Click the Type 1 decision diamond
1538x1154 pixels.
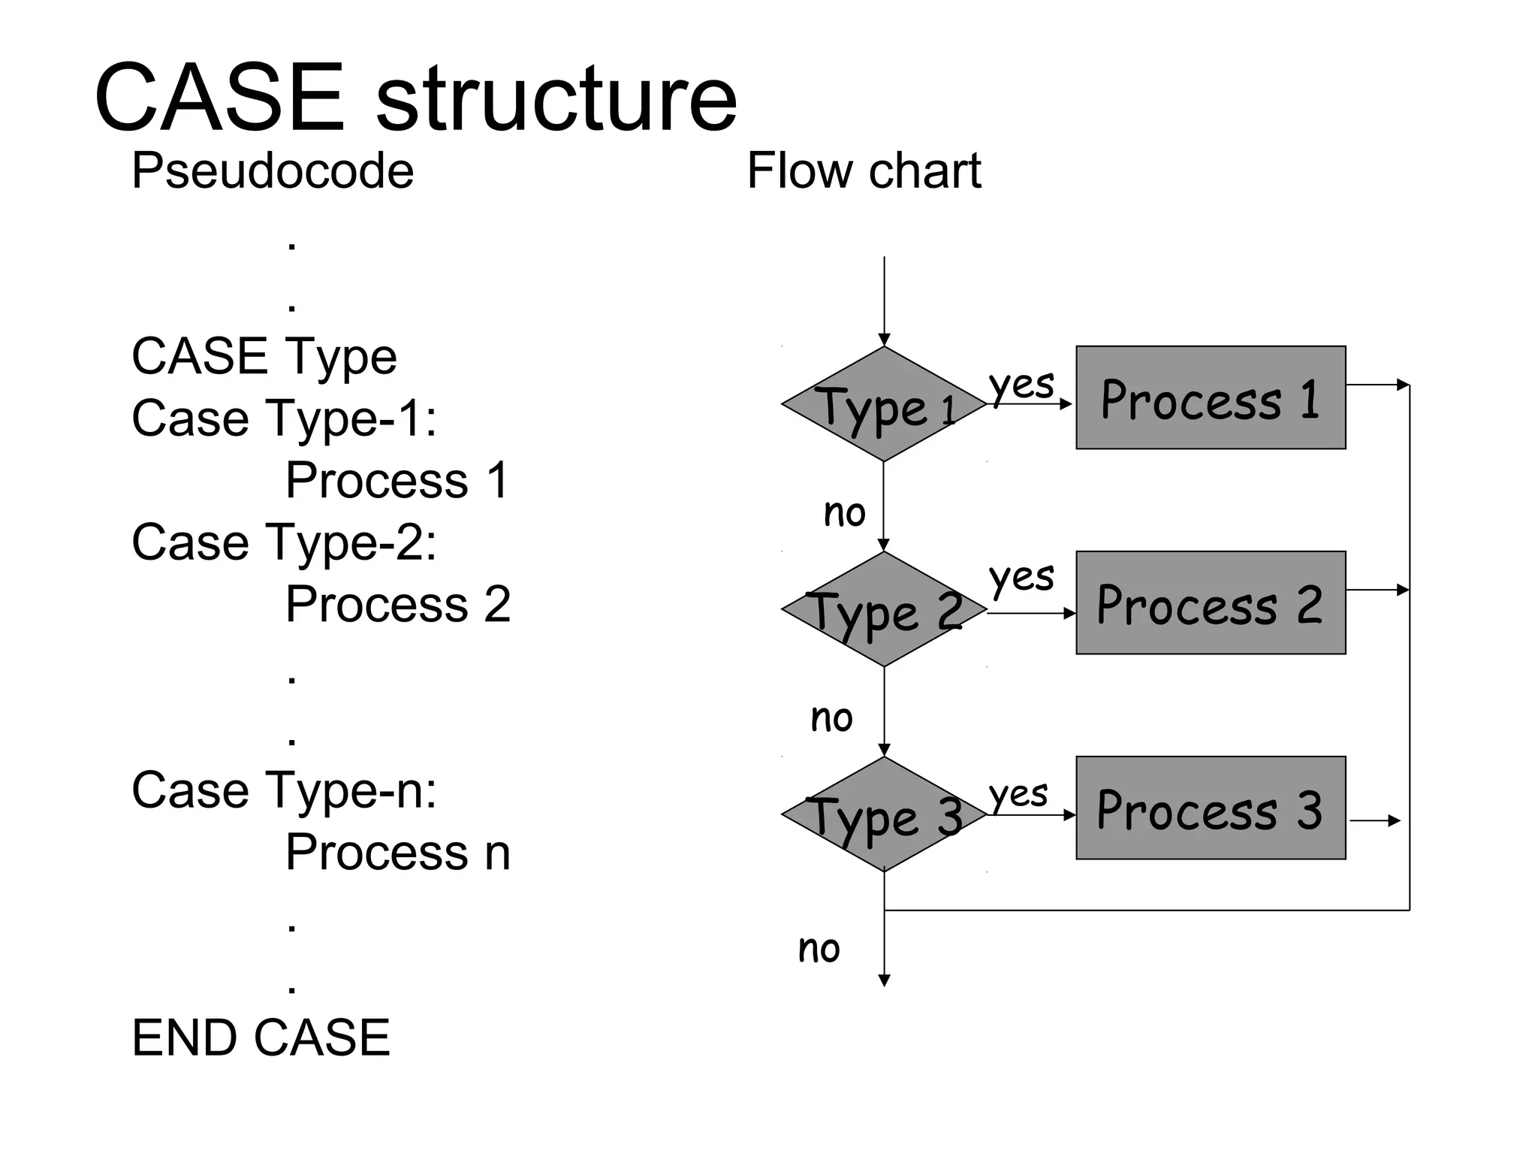click(884, 404)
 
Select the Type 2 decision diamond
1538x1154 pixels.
click(884, 609)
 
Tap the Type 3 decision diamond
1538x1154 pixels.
click(884, 814)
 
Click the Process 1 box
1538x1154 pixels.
click(1211, 397)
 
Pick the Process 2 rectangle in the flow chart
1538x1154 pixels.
click(1211, 603)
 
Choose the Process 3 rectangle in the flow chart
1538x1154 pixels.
click(1211, 808)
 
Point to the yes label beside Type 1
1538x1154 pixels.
click(1021, 385)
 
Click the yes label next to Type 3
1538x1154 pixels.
click(1018, 794)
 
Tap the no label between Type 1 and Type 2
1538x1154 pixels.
click(845, 513)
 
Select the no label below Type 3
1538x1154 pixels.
click(819, 949)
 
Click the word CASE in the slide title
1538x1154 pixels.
click(219, 98)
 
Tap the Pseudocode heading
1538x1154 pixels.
click(273, 171)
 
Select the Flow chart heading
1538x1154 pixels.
click(864, 171)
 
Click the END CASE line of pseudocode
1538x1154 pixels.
click(261, 1038)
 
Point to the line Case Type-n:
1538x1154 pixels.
click(284, 790)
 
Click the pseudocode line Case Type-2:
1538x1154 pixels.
click(284, 542)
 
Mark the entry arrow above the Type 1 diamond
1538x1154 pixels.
click(885, 301)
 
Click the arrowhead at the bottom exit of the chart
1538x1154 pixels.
click(885, 980)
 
